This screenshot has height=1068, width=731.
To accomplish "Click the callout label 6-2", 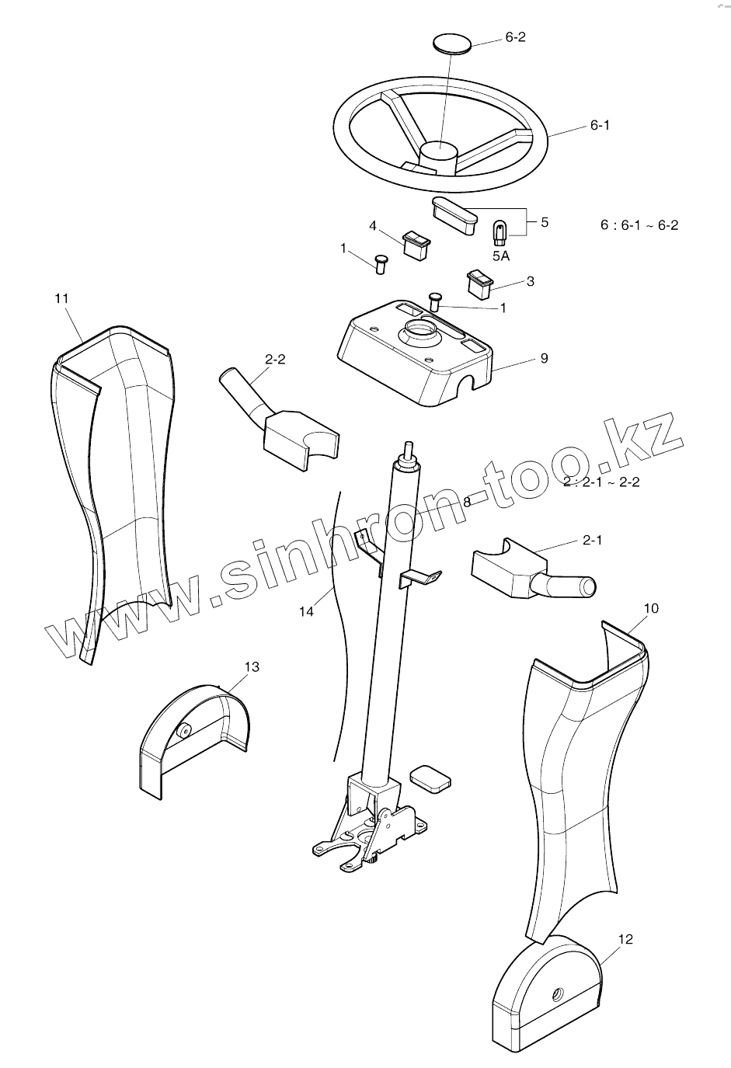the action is (515, 37).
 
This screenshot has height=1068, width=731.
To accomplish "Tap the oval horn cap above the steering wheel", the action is (451, 42).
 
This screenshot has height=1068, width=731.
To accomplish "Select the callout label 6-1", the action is (600, 124).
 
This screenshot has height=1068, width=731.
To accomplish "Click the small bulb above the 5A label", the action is (500, 231).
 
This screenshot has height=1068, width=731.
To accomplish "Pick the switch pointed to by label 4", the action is (416, 243).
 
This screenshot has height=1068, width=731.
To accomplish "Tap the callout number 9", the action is (544, 358).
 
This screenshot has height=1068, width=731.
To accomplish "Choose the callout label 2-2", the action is (275, 360).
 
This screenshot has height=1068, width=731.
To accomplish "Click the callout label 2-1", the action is (592, 541).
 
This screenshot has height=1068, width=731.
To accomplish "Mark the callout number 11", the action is (63, 298).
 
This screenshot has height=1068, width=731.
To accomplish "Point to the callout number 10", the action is (651, 608).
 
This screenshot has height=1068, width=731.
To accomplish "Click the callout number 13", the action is (252, 666).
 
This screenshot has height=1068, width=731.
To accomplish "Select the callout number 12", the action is (625, 939).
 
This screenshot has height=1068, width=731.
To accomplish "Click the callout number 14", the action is (307, 611).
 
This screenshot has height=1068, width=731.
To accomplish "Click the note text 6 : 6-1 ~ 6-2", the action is (639, 225).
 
